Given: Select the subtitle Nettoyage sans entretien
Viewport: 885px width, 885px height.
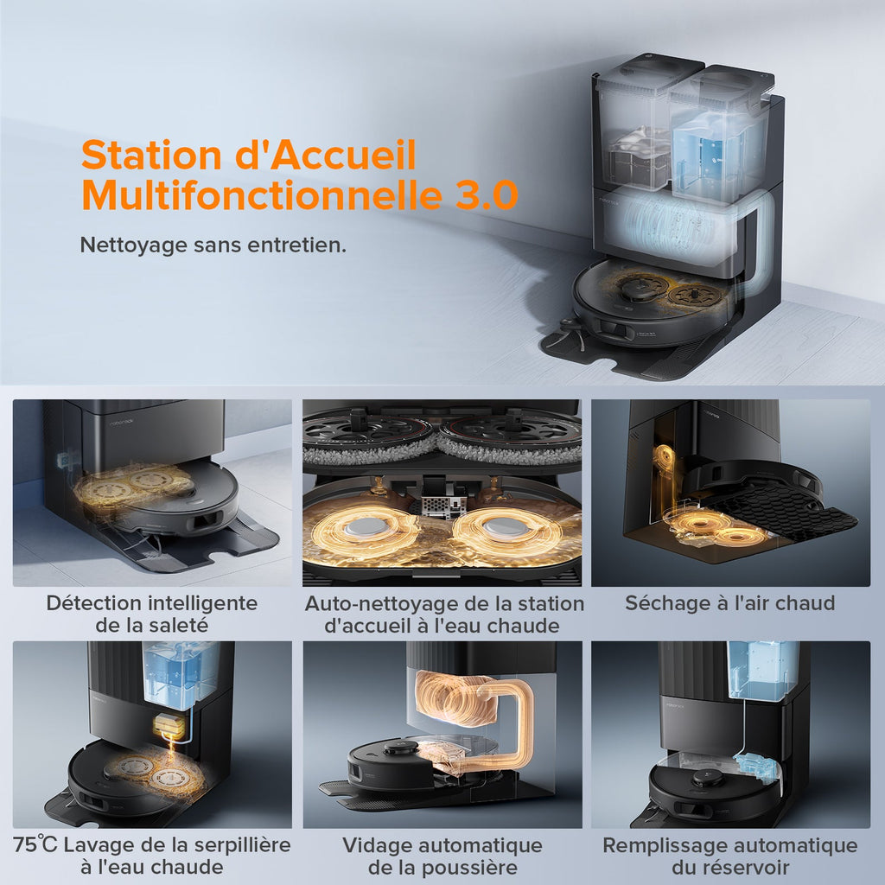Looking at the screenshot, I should click(213, 245).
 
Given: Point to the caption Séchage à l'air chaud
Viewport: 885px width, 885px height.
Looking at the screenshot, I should click(730, 603).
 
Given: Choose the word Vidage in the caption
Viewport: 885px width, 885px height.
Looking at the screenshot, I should click(377, 844).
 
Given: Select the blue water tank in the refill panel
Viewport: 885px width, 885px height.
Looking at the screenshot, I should click(761, 670).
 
